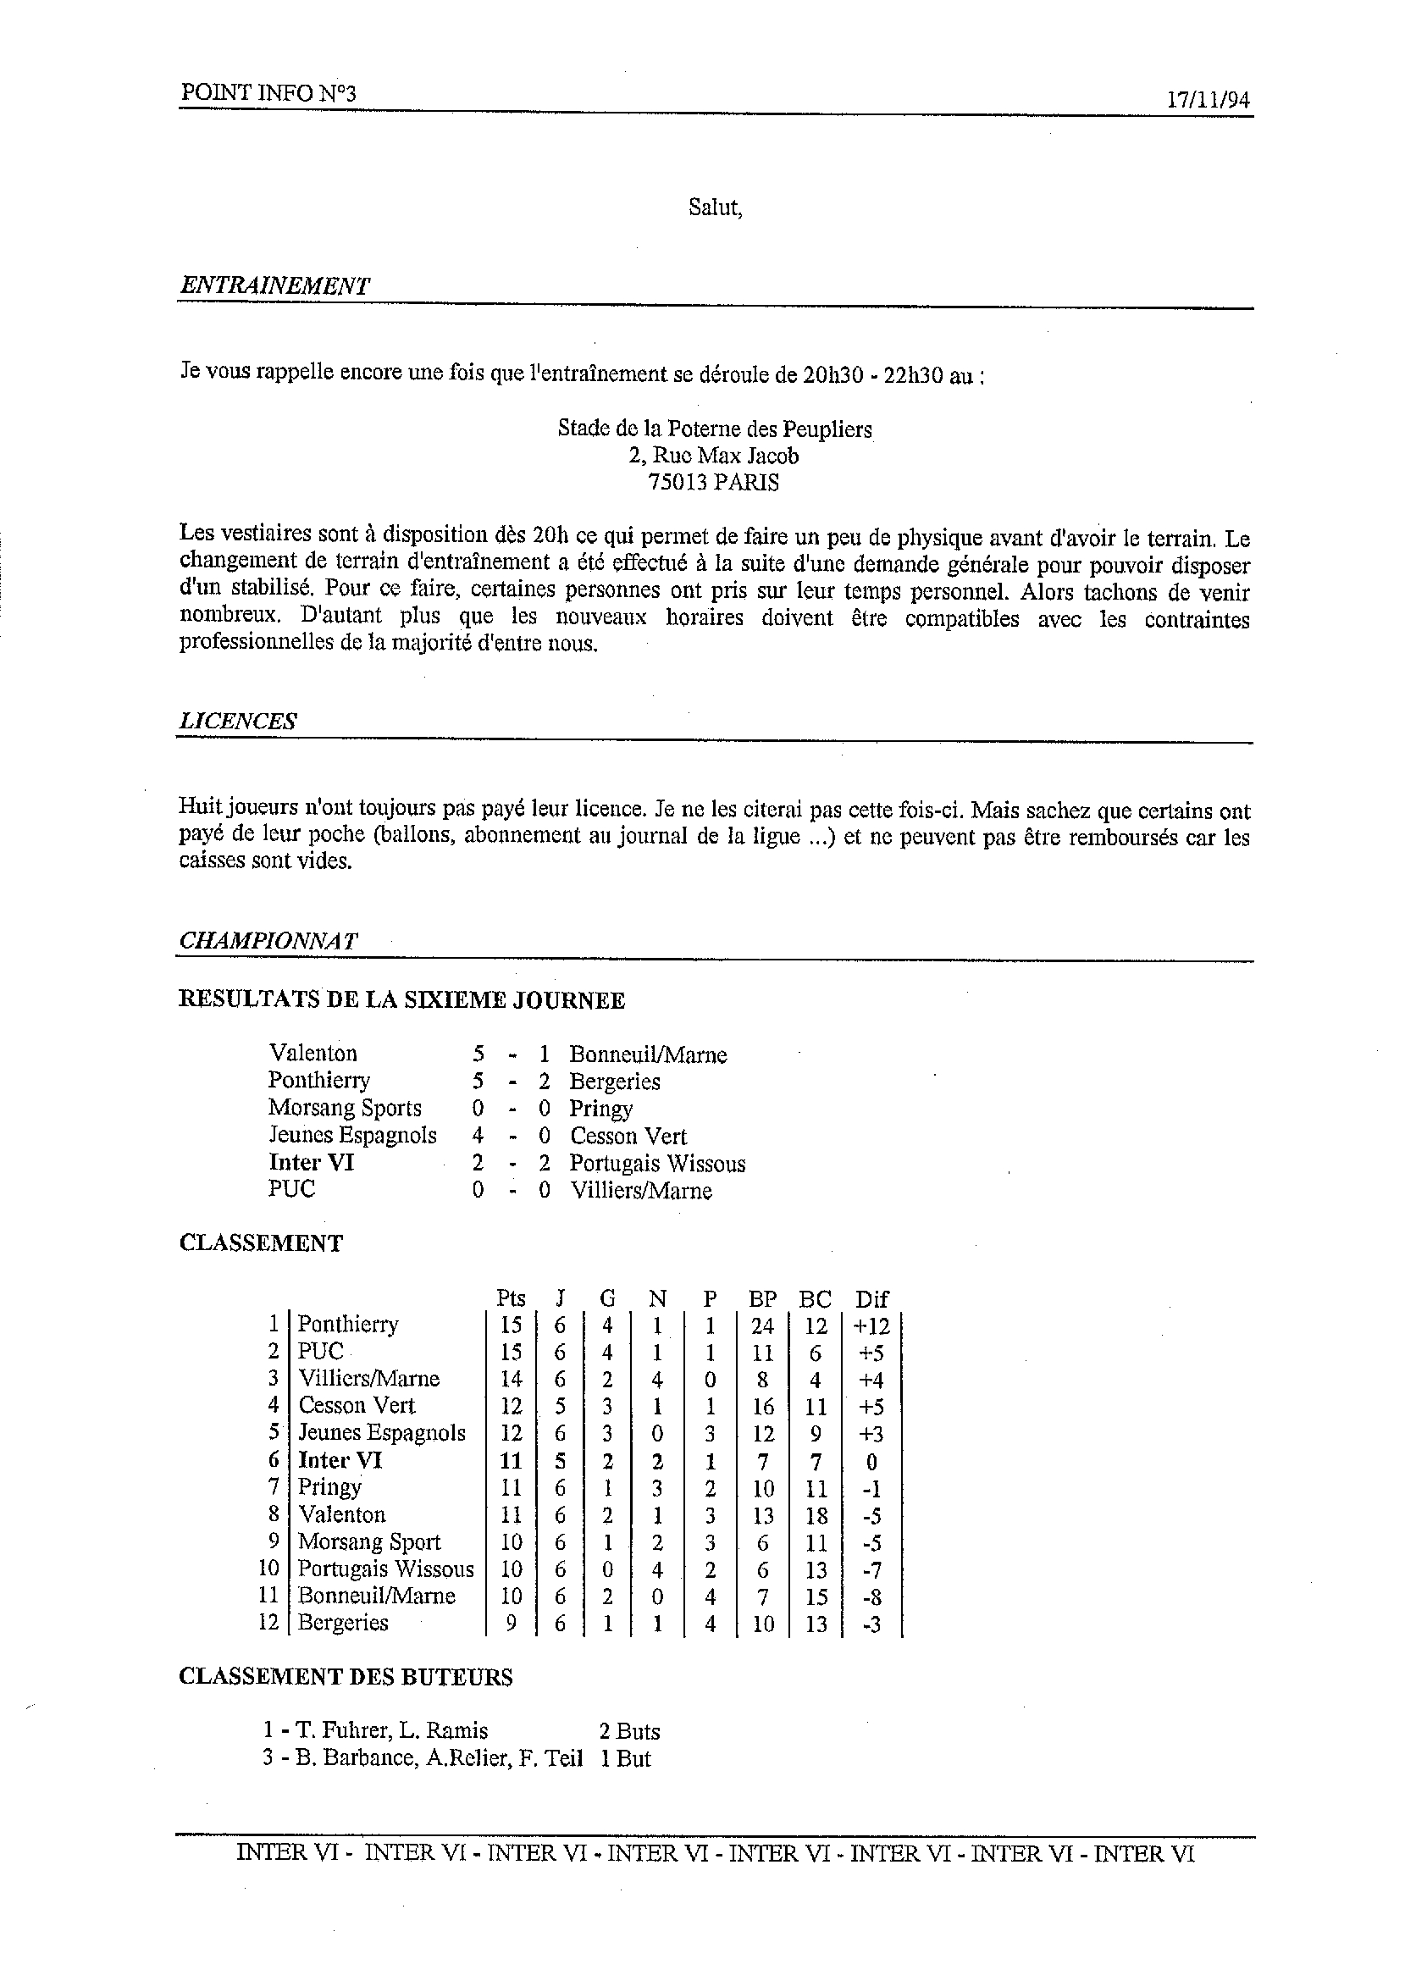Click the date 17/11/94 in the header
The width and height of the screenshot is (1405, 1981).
pos(1208,99)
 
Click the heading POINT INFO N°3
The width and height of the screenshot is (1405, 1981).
pos(268,93)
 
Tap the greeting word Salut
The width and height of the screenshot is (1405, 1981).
pos(715,208)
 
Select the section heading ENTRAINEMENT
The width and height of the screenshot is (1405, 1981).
pos(274,286)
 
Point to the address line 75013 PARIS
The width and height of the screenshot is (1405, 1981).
pos(714,483)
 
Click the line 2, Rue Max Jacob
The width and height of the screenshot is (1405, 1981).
pos(714,456)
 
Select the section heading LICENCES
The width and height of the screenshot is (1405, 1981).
pos(238,722)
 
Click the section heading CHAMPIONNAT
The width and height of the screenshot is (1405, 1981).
pos(268,941)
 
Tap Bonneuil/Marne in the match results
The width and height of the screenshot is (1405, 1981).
pos(647,1054)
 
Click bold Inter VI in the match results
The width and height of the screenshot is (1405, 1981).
pos(311,1163)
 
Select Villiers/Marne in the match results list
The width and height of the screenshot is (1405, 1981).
pos(640,1190)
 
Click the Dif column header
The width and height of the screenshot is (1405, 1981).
pos(871,1298)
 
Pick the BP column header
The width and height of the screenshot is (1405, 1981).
pos(762,1298)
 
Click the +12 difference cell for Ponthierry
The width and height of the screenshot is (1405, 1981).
pos(871,1325)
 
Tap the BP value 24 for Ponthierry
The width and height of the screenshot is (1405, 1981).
pos(762,1325)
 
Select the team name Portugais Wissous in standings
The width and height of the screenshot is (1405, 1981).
pos(386,1569)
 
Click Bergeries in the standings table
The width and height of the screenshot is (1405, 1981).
pos(343,1623)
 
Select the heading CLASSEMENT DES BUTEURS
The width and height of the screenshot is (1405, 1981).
pos(346,1677)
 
